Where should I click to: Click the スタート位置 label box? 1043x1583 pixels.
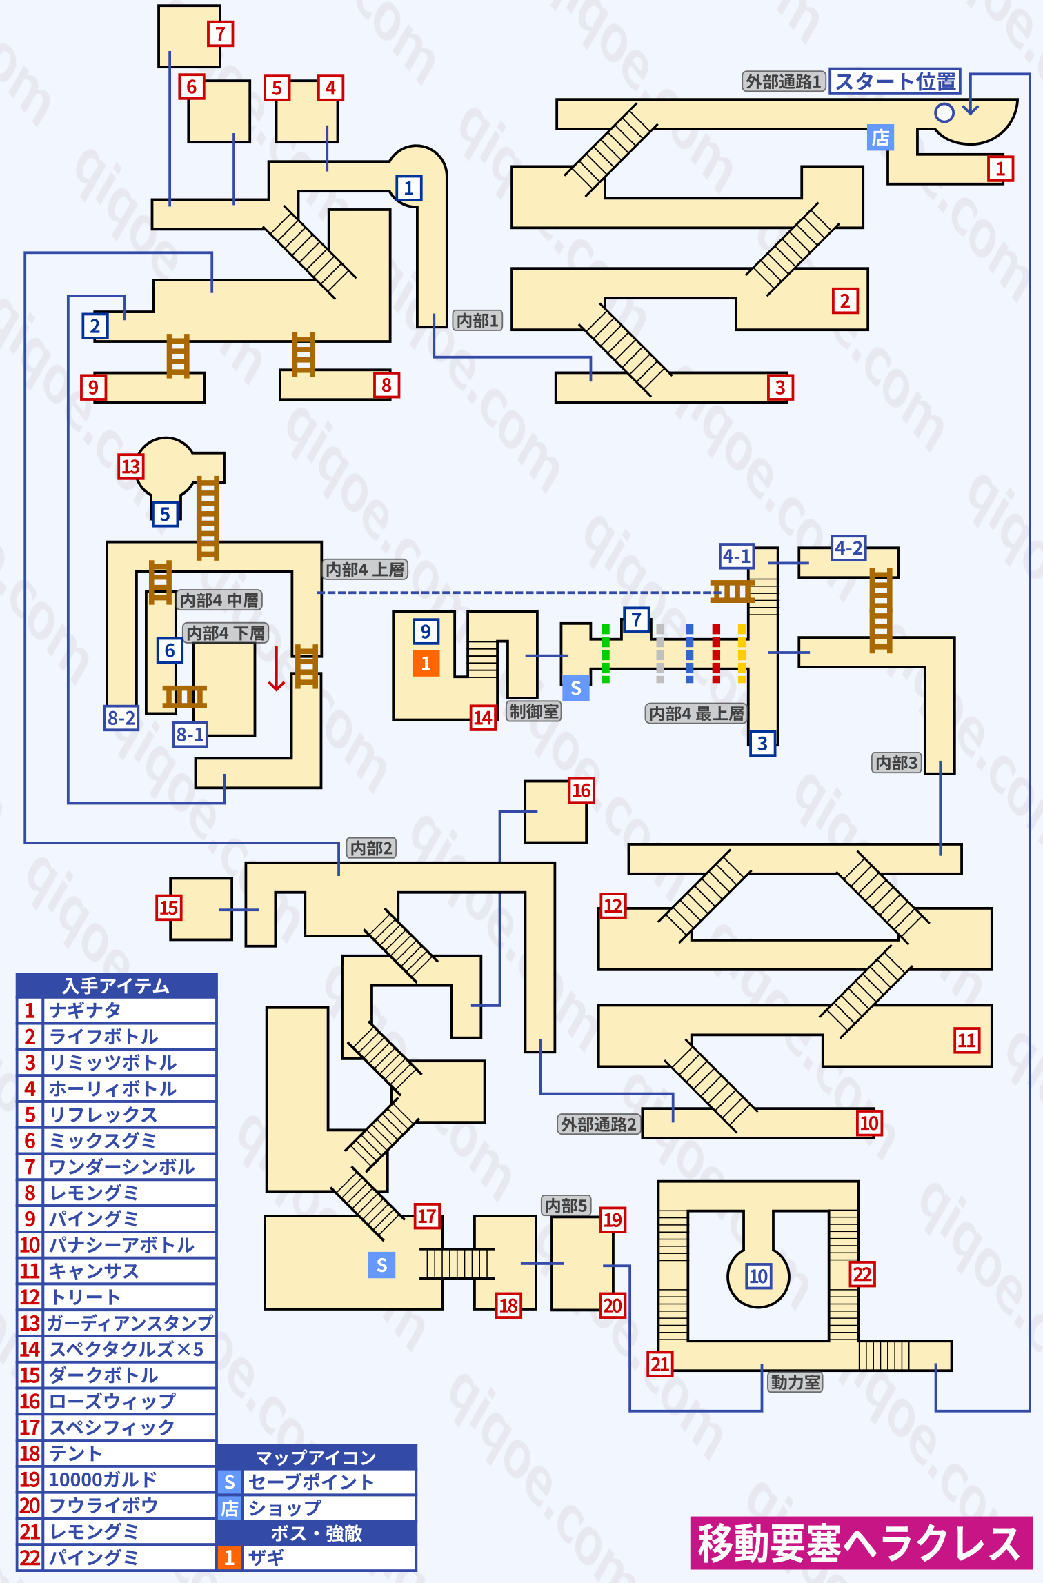pyautogui.click(x=895, y=81)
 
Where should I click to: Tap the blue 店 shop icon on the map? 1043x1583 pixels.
pyautogui.click(x=880, y=137)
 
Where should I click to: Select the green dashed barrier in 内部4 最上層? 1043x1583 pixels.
pyautogui.click(x=606, y=653)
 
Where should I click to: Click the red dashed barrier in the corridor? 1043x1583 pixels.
pyautogui.click(x=716, y=653)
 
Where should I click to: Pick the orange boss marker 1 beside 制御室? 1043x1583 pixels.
pyautogui.click(x=426, y=663)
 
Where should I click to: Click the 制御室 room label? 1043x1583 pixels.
pyautogui.click(x=534, y=711)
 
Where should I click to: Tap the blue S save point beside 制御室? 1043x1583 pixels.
pyautogui.click(x=575, y=688)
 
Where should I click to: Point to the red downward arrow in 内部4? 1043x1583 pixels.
pyautogui.click(x=277, y=668)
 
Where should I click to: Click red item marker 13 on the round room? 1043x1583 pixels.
pyautogui.click(x=130, y=467)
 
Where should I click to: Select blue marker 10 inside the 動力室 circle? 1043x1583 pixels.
pyautogui.click(x=758, y=1276)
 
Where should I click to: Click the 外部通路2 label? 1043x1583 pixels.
pyautogui.click(x=598, y=1124)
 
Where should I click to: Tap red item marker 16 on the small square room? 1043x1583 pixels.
pyautogui.click(x=581, y=790)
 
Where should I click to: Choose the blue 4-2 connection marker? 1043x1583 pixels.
pyautogui.click(x=848, y=548)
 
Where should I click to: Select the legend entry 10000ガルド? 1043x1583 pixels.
pyautogui.click(x=103, y=1480)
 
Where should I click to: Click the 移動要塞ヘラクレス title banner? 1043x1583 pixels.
pyautogui.click(x=860, y=1542)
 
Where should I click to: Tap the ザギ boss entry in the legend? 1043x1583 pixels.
pyautogui.click(x=266, y=1557)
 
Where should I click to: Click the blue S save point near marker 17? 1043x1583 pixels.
pyautogui.click(x=381, y=1264)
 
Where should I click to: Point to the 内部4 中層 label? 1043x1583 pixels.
pyautogui.click(x=219, y=600)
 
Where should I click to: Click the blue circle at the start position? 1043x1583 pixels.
pyautogui.click(x=944, y=112)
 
